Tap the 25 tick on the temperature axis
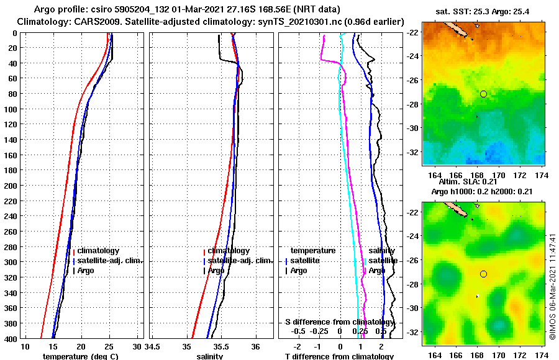[x=109, y=346]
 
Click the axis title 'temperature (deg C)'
[x=80, y=356]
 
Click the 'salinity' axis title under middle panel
[x=210, y=356]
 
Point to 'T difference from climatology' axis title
[x=339, y=356]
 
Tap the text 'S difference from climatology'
[x=339, y=322]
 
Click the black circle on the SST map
[x=483, y=94]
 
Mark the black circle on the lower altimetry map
[x=483, y=274]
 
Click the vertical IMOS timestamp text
[x=552, y=286]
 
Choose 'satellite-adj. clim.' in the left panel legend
[x=110, y=261]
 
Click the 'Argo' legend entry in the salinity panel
[x=216, y=271]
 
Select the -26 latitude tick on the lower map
[x=412, y=260]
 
